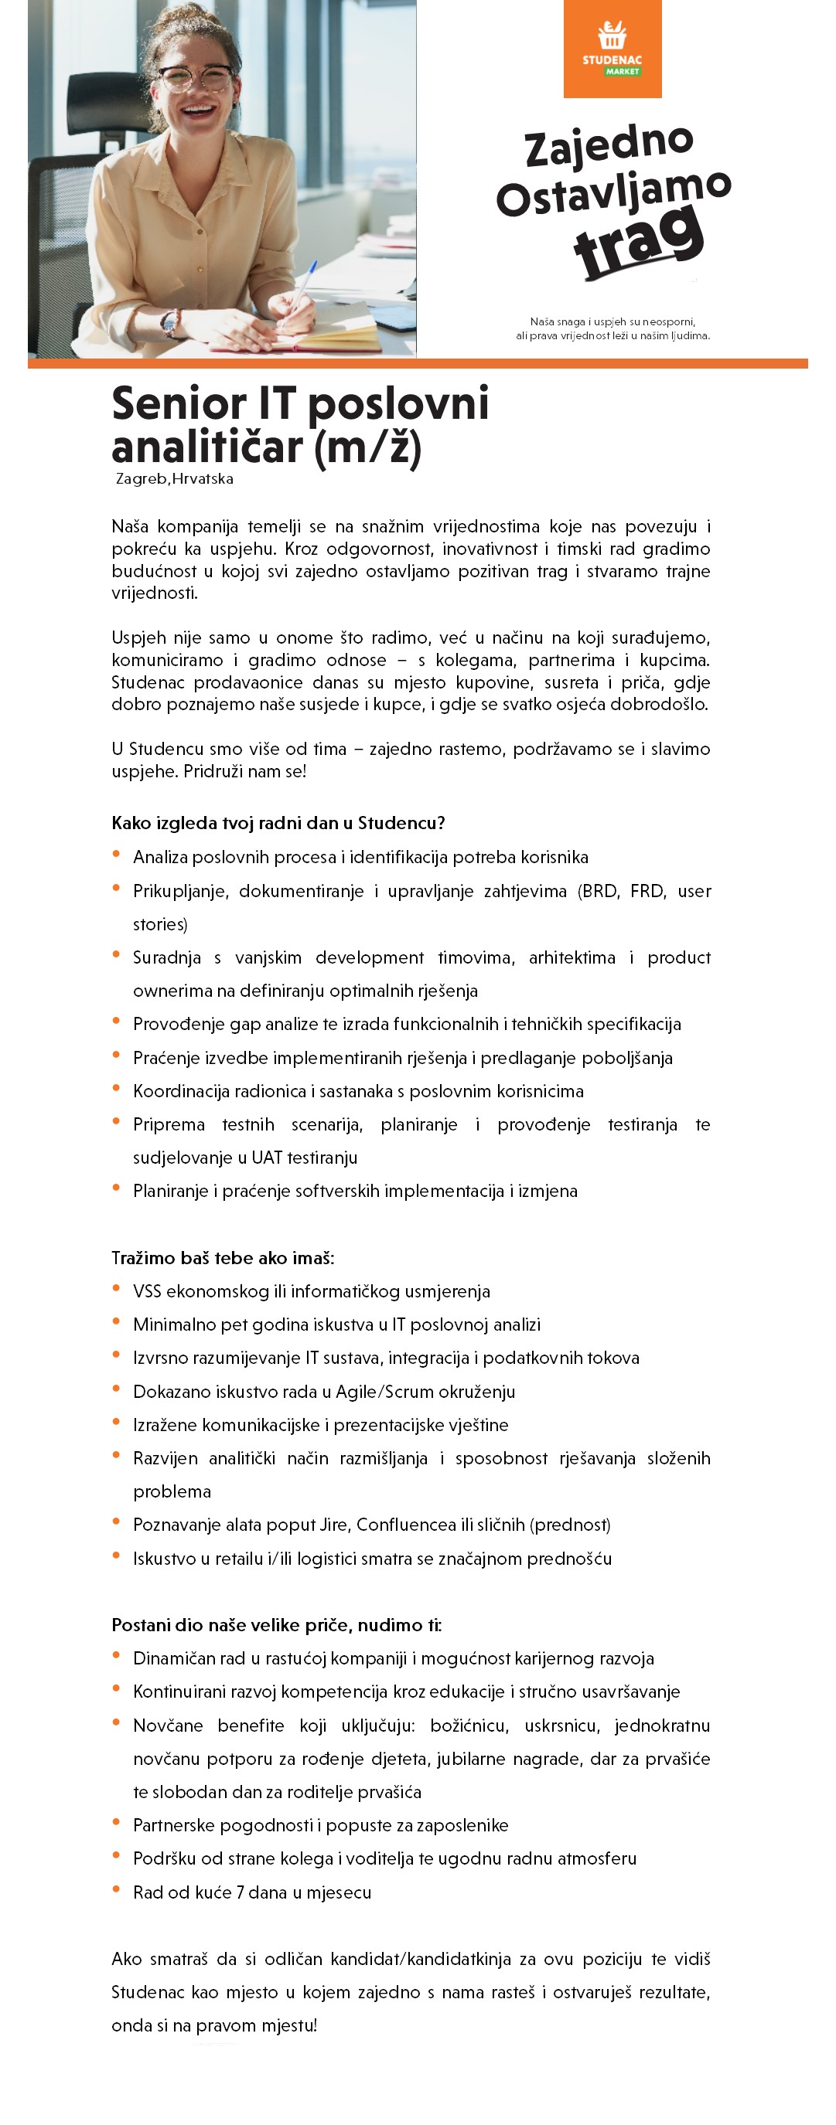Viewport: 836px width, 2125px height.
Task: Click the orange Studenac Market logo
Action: tap(612, 49)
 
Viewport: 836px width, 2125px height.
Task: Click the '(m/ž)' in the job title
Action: tap(368, 448)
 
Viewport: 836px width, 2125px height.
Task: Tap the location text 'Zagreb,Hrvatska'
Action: tap(174, 478)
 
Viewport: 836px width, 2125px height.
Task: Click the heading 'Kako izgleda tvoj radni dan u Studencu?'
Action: tap(278, 822)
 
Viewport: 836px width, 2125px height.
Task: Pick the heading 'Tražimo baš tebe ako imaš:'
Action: tap(223, 1257)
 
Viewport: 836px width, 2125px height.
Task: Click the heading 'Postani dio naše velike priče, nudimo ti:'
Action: tap(276, 1624)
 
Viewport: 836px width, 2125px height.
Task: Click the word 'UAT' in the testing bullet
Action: tap(267, 1158)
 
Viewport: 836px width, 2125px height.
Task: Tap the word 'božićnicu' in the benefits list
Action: tap(469, 1725)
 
